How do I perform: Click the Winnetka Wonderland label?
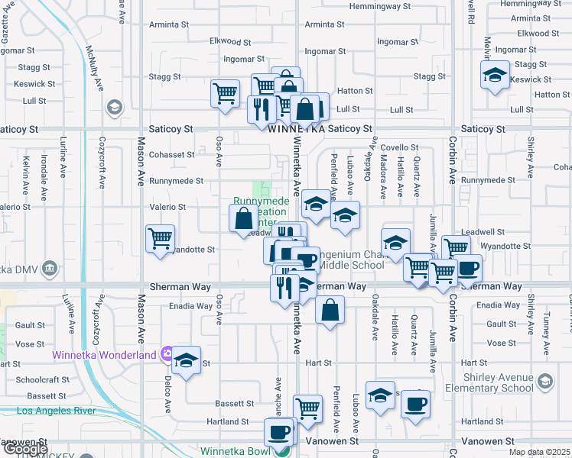104,354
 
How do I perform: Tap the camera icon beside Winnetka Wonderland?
167,354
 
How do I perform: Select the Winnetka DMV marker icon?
50,268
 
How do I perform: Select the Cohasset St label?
173,155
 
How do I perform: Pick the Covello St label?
400,147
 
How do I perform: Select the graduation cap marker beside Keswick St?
495,75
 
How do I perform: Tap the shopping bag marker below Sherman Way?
330,310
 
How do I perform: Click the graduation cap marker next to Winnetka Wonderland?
186,360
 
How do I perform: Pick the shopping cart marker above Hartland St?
307,408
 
